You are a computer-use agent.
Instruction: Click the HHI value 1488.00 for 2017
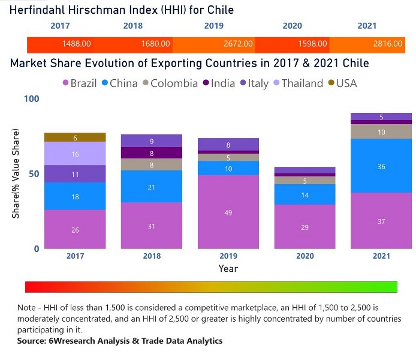(77, 44)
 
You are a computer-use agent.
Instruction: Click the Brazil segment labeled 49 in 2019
(228, 212)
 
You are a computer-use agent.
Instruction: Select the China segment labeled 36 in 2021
(381, 166)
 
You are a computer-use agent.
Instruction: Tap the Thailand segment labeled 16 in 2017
(75, 154)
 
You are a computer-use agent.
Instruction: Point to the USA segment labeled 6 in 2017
(75, 137)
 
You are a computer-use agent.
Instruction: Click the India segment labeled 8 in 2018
(152, 153)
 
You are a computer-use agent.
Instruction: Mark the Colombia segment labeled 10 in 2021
(381, 131)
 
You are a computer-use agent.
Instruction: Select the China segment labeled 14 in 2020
(305, 194)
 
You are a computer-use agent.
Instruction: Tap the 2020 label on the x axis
(305, 256)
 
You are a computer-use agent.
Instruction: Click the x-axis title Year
(228, 268)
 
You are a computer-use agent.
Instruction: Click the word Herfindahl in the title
(39, 10)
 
